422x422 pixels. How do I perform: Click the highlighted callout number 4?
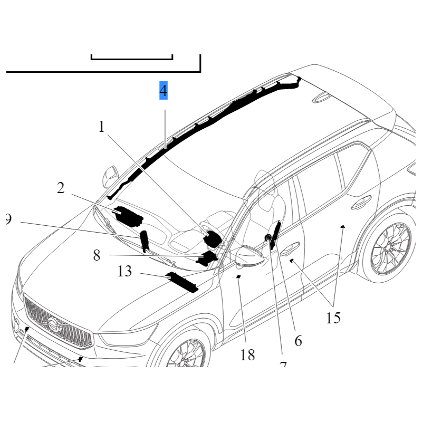coord(164,91)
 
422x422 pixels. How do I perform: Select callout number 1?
coord(102,127)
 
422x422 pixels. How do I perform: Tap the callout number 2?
coord(61,188)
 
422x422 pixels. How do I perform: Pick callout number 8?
coord(97,255)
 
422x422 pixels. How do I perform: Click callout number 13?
coord(124,272)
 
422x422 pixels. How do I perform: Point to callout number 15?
coord(333,318)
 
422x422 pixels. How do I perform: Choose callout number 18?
coord(247,355)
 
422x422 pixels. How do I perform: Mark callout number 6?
coord(298,341)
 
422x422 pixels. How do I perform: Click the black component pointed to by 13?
coord(181,282)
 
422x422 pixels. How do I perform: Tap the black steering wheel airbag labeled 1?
coord(212,239)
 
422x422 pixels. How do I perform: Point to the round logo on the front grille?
coord(53,324)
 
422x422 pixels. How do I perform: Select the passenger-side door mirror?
coord(111,174)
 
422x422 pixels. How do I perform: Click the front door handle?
coord(290,247)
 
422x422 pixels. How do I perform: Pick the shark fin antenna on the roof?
coord(320,98)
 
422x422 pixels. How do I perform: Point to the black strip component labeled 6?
coord(274,236)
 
